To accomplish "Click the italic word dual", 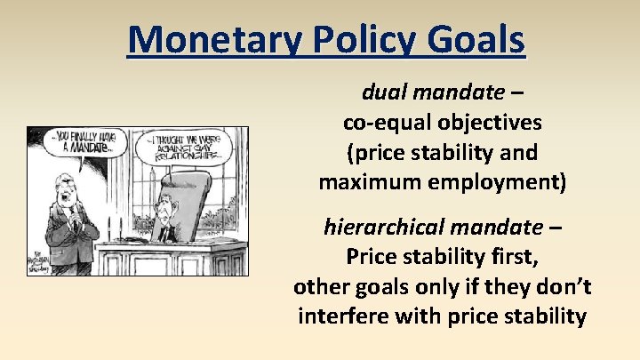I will click(x=382, y=92).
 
